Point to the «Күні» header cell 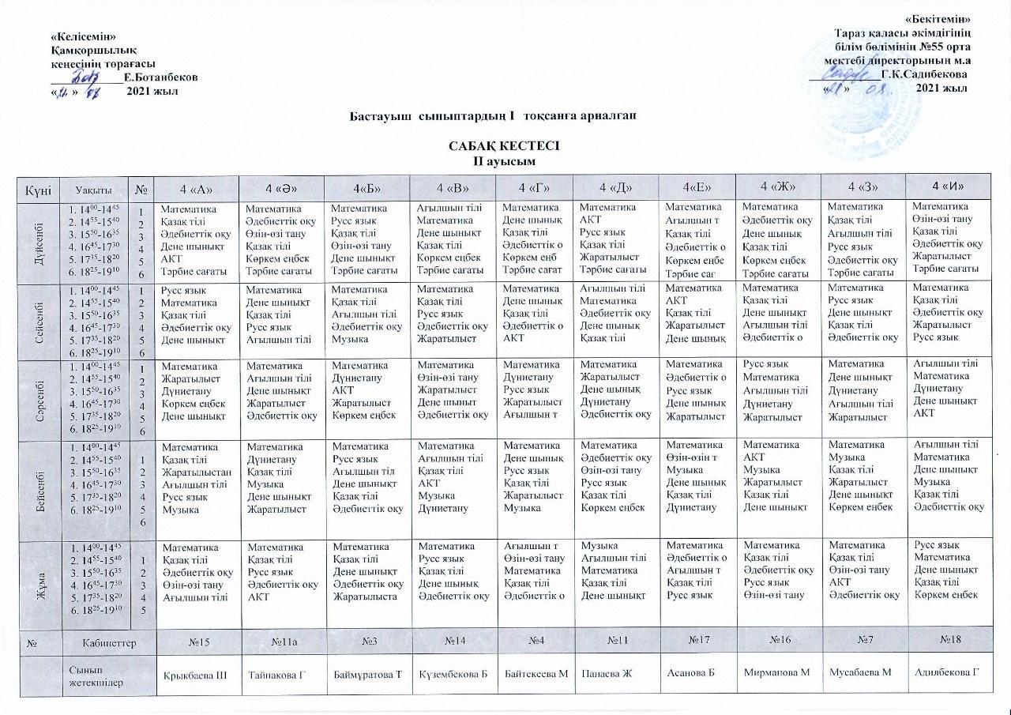click(38, 189)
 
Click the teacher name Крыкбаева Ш click(194, 673)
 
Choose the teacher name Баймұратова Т click(368, 673)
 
